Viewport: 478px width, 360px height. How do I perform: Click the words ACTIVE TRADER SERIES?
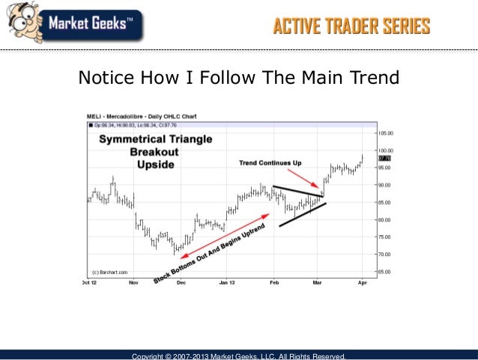tap(351, 28)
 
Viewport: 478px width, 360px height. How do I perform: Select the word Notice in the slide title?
tap(105, 77)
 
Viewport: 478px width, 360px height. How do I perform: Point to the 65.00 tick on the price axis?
tap(384, 272)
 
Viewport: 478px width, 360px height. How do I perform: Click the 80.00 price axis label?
tap(384, 219)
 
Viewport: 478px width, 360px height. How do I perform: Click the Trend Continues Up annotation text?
tap(270, 162)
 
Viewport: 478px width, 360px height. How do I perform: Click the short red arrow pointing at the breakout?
tap(304, 179)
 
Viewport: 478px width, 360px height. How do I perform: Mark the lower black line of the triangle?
tap(303, 214)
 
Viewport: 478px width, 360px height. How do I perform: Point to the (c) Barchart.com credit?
tap(109, 272)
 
